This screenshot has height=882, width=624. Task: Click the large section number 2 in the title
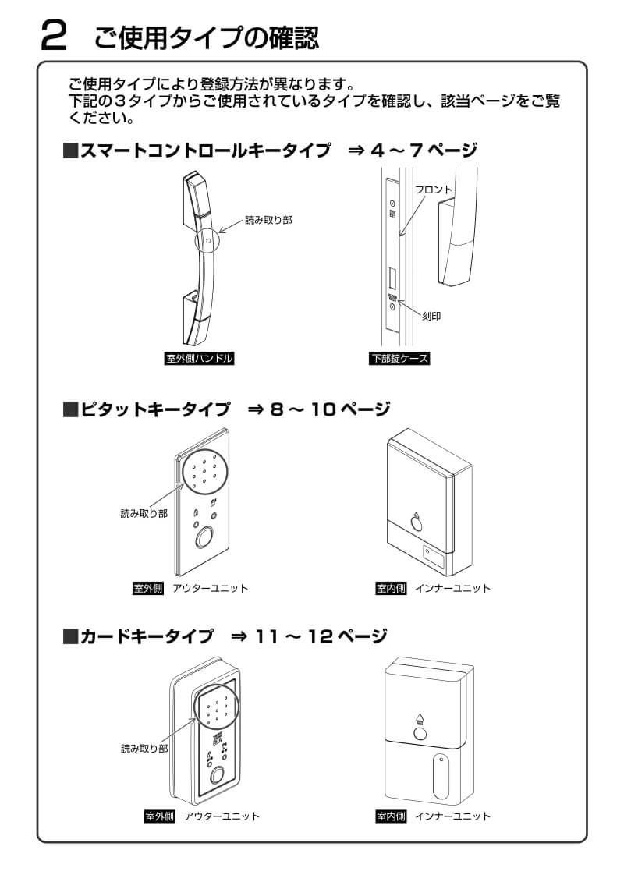(56, 36)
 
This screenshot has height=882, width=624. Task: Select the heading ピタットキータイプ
(155, 409)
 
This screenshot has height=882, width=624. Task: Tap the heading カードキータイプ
(146, 637)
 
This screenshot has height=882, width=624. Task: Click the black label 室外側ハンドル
(195, 360)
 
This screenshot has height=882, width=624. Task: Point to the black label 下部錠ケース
(399, 360)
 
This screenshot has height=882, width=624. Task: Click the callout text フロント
(433, 190)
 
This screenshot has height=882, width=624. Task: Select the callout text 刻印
(431, 317)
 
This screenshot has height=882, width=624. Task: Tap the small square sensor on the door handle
(207, 241)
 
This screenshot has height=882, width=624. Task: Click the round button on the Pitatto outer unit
(205, 538)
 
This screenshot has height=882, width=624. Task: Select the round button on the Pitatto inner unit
(416, 523)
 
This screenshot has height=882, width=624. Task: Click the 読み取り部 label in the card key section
(144, 749)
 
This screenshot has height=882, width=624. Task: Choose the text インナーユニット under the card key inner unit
(452, 816)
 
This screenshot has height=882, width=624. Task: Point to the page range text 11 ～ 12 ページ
(321, 637)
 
